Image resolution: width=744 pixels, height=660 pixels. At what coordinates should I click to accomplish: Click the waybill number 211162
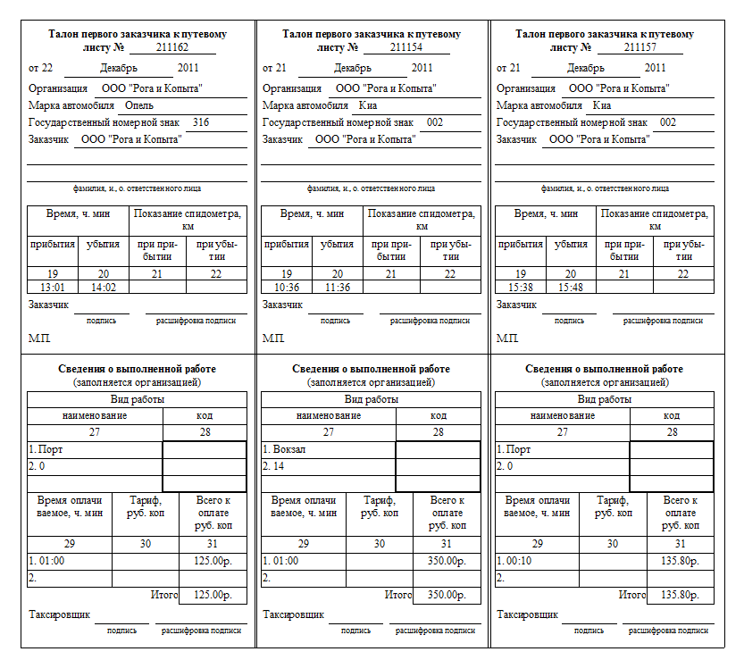[x=172, y=47]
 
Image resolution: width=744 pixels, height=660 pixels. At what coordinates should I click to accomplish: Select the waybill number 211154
[x=405, y=47]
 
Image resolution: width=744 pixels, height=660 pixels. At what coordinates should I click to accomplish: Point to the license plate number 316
[x=201, y=122]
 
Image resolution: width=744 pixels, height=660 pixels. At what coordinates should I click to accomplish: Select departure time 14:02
[x=103, y=288]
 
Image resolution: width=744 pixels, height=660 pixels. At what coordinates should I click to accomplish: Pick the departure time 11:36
[x=337, y=288]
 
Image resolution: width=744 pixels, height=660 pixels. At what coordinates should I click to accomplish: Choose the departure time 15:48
[x=571, y=288]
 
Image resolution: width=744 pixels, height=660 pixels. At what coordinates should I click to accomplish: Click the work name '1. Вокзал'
[x=284, y=449]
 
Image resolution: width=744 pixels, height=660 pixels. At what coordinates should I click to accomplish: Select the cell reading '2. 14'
[x=273, y=466]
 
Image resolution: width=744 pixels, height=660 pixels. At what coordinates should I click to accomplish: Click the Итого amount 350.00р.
[x=447, y=595]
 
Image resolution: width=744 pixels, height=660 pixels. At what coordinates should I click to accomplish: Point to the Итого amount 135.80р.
[x=680, y=595]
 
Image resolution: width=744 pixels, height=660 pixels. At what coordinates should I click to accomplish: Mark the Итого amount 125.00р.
[x=213, y=595]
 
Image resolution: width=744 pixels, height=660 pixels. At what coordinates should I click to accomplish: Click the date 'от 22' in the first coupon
[x=41, y=68]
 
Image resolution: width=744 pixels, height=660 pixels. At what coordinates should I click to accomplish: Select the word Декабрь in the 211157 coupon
[x=586, y=68]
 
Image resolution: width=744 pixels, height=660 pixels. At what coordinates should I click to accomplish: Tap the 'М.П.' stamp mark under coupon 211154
[x=272, y=339]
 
